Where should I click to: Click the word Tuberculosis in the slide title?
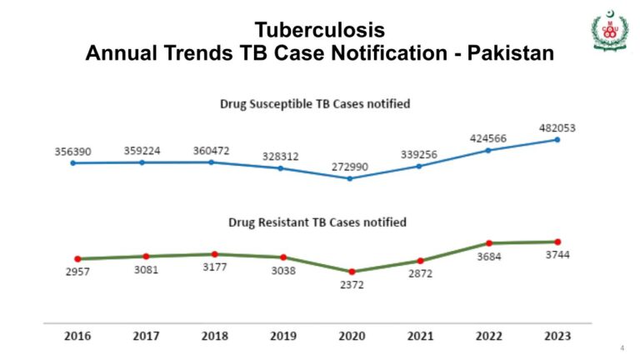[x=320, y=30]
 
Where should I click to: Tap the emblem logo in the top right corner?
[x=610, y=32]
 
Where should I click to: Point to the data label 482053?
[x=556, y=128]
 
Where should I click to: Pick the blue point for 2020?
[x=350, y=178]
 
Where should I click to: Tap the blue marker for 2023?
[x=557, y=140]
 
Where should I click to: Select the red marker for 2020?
[x=352, y=272]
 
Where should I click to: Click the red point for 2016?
[x=77, y=259]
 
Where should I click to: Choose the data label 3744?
[x=557, y=256]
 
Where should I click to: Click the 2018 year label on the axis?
[x=215, y=336]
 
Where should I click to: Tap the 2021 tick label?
[x=420, y=336]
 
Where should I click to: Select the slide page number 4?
[x=622, y=347]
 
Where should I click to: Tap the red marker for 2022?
[x=489, y=243]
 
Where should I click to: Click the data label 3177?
[x=215, y=267]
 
